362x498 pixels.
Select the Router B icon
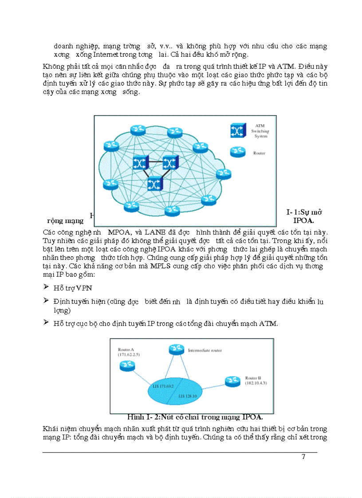click(x=232, y=380)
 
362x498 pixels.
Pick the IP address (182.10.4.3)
click(x=257, y=382)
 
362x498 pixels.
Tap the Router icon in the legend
click(x=237, y=152)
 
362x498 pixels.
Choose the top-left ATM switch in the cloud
click(x=141, y=163)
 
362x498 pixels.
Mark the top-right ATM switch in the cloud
click(x=170, y=163)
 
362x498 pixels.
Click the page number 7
click(x=303, y=457)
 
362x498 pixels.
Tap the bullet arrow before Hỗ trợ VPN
click(x=46, y=287)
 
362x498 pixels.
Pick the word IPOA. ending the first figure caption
click(x=303, y=220)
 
